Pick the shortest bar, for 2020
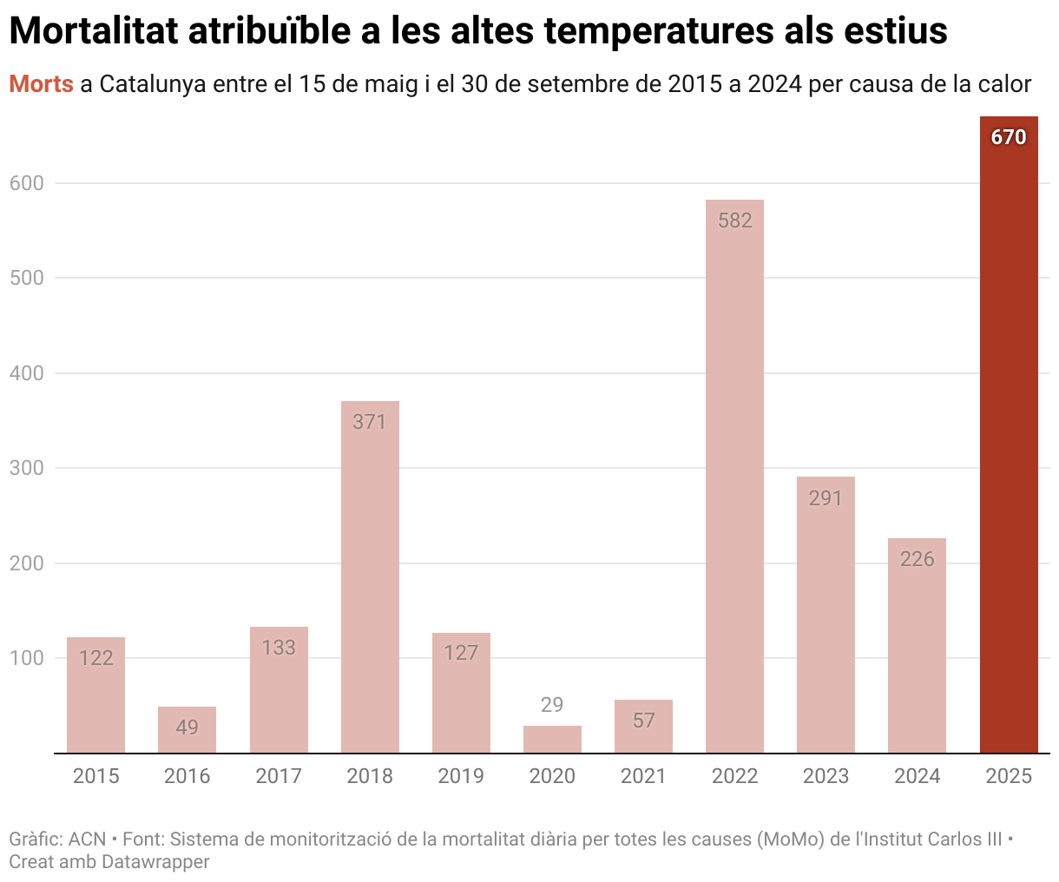coord(552,740)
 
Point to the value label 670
coord(1009,137)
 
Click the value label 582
coord(734,220)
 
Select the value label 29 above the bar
coord(552,705)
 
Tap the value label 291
coord(825,498)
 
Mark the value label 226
coord(917,559)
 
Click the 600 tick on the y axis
coord(26,183)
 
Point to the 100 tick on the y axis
coord(26,658)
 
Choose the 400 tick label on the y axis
coord(26,373)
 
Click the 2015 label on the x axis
coord(95,776)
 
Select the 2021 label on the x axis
coord(643,776)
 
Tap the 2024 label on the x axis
coord(917,776)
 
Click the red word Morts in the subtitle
coord(41,84)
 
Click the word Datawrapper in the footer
coord(155,862)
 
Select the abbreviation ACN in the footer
coord(87,839)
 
